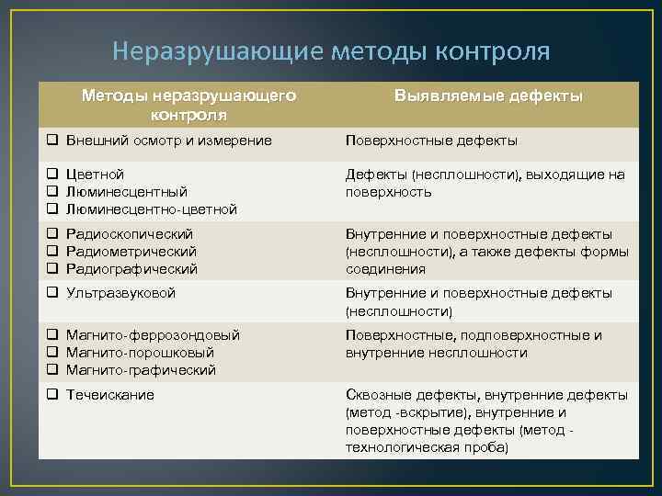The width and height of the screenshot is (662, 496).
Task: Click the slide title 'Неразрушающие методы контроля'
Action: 330,51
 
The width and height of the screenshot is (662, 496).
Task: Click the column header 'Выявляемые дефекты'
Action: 489,96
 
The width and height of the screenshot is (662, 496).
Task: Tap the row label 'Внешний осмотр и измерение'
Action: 169,141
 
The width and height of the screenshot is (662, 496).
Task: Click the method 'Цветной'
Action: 95,175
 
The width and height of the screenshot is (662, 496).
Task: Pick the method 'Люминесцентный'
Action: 127,191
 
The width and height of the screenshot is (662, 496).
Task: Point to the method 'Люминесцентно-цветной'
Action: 152,209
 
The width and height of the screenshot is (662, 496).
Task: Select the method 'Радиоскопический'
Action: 132,234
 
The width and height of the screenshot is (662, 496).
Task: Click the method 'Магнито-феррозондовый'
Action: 153,335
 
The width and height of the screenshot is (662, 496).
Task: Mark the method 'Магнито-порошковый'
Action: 141,353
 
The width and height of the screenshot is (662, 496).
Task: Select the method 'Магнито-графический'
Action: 142,370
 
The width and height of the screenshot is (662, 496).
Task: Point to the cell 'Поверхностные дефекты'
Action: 431,141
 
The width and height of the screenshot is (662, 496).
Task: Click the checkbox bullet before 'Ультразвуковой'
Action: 53,293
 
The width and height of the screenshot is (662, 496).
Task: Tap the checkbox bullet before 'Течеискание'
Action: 53,395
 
